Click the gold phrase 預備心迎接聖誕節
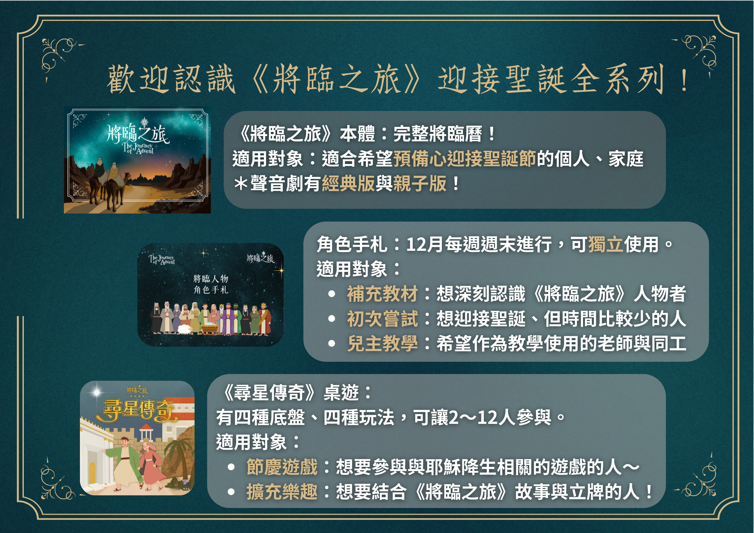(x=465, y=159)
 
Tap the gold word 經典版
(x=348, y=184)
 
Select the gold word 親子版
(x=420, y=184)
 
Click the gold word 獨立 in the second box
(x=606, y=244)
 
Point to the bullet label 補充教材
(x=383, y=294)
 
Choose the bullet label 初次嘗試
(x=383, y=319)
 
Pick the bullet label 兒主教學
(x=383, y=344)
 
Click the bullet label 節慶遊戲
(x=282, y=467)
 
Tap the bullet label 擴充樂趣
(x=282, y=492)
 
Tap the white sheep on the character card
(x=185, y=329)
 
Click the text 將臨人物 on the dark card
(x=211, y=279)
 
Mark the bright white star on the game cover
(x=96, y=392)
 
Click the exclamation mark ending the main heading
(x=684, y=80)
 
